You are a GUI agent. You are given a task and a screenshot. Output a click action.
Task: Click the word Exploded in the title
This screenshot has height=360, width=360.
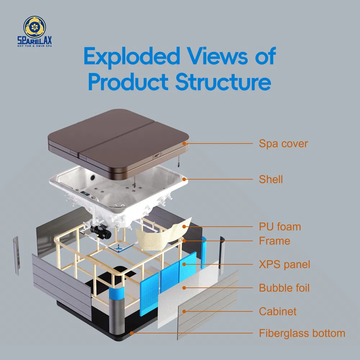131,57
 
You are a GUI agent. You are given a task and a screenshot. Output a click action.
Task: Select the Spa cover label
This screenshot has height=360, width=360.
283,144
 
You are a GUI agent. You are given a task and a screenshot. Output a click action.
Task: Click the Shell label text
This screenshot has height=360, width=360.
271,179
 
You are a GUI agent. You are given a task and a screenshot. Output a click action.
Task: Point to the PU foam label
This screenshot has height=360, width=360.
280,227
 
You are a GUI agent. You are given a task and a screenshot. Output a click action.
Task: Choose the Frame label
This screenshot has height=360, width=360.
274,241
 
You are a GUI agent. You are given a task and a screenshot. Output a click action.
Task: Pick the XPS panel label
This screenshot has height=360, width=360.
284,265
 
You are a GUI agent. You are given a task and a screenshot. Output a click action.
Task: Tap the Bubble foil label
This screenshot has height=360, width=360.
284,288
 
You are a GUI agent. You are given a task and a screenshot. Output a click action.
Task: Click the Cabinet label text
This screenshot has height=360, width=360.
278,311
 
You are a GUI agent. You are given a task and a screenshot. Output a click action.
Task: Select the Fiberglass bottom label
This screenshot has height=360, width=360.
302,333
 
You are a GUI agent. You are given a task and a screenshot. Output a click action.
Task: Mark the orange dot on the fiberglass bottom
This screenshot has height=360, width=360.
132,333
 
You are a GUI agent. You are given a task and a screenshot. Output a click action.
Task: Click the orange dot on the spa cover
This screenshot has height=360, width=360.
184,143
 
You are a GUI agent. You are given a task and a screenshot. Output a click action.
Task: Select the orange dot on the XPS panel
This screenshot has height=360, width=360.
184,264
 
